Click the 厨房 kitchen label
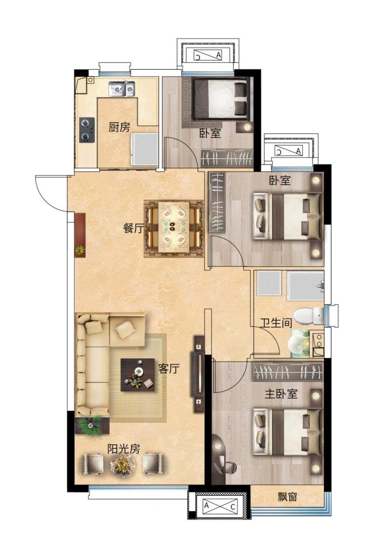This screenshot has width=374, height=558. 119,127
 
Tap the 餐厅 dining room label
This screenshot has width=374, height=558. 133,228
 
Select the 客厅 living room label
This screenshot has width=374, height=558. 169,368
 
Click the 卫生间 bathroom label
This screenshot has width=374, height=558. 276,323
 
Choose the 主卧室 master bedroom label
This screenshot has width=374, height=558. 281,394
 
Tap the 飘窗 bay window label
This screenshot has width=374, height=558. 287,497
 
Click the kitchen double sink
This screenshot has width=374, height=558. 122,89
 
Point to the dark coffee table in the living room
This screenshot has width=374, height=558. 137,375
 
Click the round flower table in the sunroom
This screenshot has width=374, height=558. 123,464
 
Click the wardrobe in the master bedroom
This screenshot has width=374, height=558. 288,371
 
